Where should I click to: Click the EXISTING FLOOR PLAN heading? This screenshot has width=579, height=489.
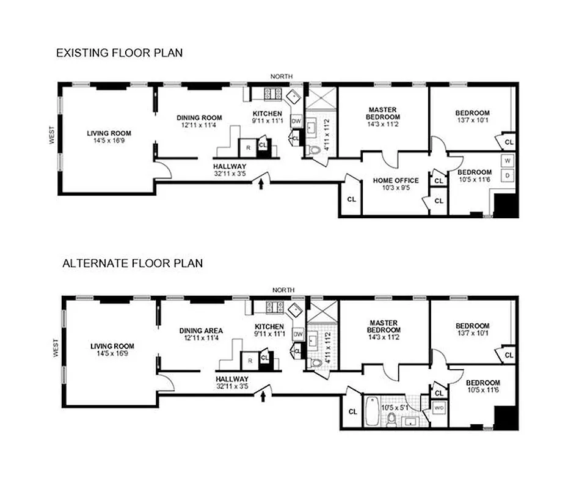(119, 53)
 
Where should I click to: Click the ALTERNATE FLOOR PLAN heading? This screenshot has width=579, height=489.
(133, 263)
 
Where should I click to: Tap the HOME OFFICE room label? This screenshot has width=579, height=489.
(396, 180)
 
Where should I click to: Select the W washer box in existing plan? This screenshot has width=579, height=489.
(506, 161)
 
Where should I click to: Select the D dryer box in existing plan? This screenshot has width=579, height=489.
(506, 176)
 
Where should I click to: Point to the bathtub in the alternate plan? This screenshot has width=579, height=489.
(372, 411)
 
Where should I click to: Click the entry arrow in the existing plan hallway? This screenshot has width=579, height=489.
(263, 183)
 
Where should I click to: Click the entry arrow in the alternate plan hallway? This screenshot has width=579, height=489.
(263, 397)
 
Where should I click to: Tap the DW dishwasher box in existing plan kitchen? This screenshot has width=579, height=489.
(296, 122)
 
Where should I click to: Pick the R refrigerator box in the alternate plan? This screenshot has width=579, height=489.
(249, 361)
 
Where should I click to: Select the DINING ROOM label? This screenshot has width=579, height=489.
(199, 118)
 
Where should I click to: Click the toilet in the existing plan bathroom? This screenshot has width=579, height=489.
(315, 150)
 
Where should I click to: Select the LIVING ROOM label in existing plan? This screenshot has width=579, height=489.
(109, 133)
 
